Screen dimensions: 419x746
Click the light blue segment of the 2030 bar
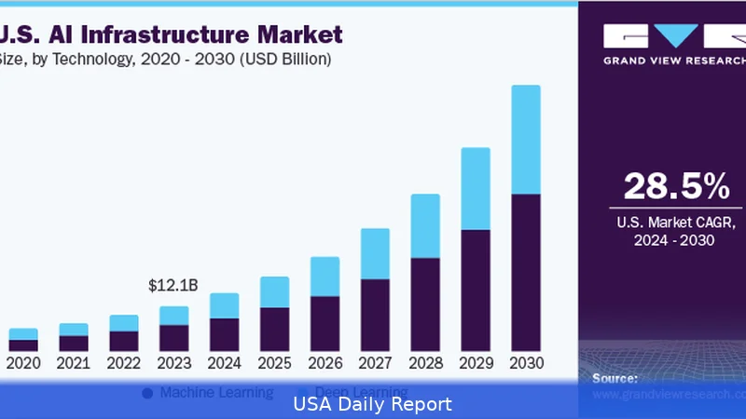click(x=526, y=140)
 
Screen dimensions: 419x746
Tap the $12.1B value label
click(x=173, y=286)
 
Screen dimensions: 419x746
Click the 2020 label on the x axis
click(x=22, y=363)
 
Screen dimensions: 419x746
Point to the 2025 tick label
click(x=274, y=363)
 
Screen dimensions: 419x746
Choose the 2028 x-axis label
click(x=425, y=363)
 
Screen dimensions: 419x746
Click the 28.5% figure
click(x=676, y=186)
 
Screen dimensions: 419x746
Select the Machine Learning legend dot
click(x=147, y=393)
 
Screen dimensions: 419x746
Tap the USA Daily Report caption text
click(x=373, y=404)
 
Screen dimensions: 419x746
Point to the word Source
click(x=615, y=378)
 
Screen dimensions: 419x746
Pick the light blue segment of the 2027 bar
click(x=375, y=253)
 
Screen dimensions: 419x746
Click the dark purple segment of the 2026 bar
click(x=325, y=323)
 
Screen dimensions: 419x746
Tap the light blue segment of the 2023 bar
click(x=173, y=316)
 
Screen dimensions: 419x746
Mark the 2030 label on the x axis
click(x=526, y=363)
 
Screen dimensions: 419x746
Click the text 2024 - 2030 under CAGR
click(x=676, y=241)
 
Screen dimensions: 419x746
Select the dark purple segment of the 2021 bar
click(x=74, y=343)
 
